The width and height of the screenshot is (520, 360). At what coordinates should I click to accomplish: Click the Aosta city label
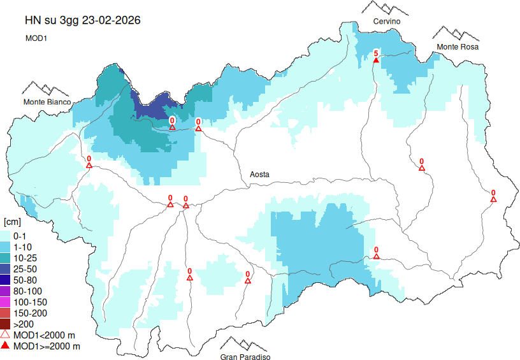[x=259, y=174]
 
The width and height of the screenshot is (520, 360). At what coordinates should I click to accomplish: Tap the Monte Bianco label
[x=47, y=102]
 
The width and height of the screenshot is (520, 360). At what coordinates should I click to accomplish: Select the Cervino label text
[x=387, y=22]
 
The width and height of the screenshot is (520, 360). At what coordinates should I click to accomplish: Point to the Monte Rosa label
[x=457, y=47]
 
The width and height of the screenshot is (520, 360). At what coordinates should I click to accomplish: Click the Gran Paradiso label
[x=245, y=357]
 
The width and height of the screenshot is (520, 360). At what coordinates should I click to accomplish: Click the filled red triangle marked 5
[x=376, y=59]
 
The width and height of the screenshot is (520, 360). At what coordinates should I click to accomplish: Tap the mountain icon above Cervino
[x=386, y=9]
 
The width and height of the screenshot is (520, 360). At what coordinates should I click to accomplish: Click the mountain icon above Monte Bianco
[x=46, y=89]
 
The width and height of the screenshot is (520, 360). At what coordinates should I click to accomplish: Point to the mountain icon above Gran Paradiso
[x=245, y=344]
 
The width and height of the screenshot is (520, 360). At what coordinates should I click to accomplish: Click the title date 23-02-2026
[x=110, y=20]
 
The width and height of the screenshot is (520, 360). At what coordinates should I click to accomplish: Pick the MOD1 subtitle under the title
[x=37, y=38]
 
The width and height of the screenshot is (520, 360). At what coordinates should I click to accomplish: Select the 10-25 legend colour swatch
[x=6, y=257]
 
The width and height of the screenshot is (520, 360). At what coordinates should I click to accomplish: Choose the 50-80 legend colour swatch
[x=6, y=280]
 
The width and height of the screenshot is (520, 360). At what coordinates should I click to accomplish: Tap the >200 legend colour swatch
[x=6, y=324]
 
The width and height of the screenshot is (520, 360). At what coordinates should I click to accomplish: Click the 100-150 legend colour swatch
[x=6, y=301]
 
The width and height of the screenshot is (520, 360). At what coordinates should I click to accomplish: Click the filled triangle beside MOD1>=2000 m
[x=6, y=346]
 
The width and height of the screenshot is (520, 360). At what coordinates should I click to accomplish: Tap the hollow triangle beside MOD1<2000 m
[x=6, y=335]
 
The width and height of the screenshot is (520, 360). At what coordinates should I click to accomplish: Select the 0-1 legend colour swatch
[x=6, y=236]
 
